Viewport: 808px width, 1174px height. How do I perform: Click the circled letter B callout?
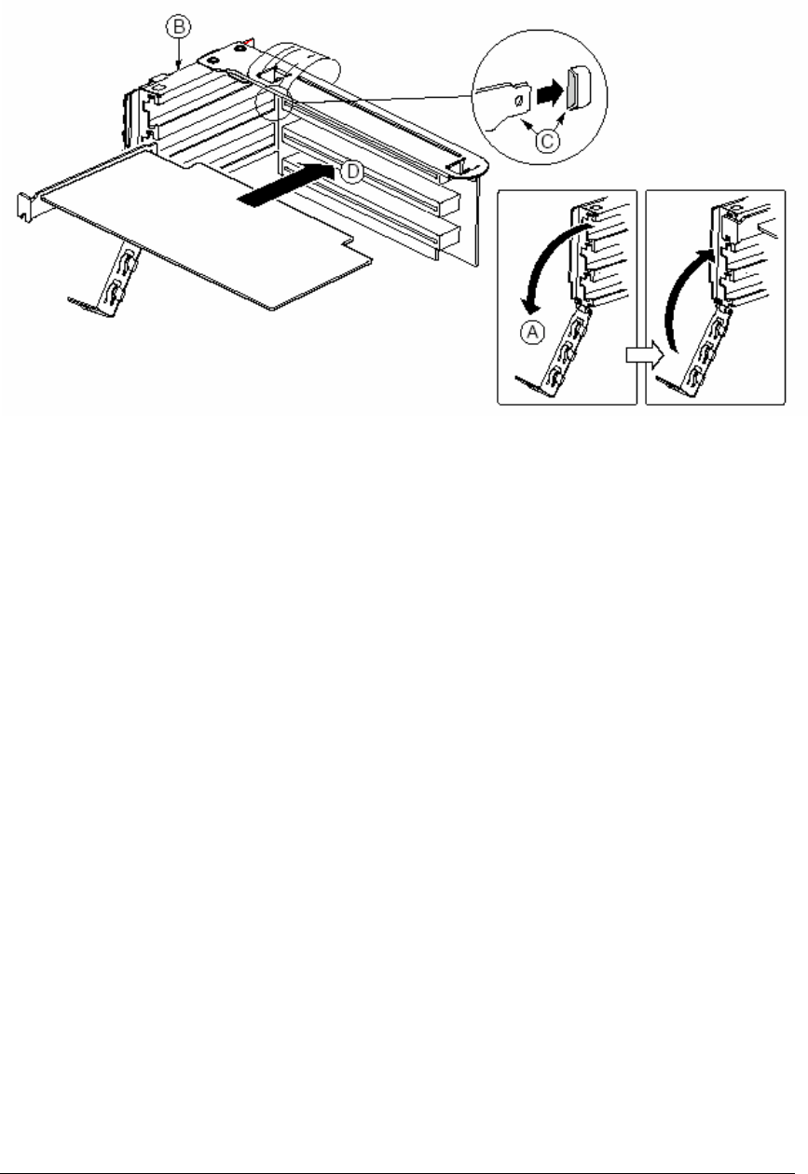tap(179, 26)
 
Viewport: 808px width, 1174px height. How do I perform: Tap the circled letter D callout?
tap(352, 172)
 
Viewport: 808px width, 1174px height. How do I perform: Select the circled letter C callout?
tap(547, 141)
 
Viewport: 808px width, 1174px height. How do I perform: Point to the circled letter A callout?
tap(532, 332)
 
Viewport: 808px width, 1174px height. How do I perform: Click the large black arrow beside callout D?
tap(285, 184)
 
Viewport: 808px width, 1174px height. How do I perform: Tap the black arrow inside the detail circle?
tap(551, 92)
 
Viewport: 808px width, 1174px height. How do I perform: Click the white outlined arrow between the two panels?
tap(645, 355)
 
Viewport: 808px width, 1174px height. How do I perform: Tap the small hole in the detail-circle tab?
tap(519, 101)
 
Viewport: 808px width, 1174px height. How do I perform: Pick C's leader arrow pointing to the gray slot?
tap(561, 120)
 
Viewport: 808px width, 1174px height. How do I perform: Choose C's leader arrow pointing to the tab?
tap(530, 126)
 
